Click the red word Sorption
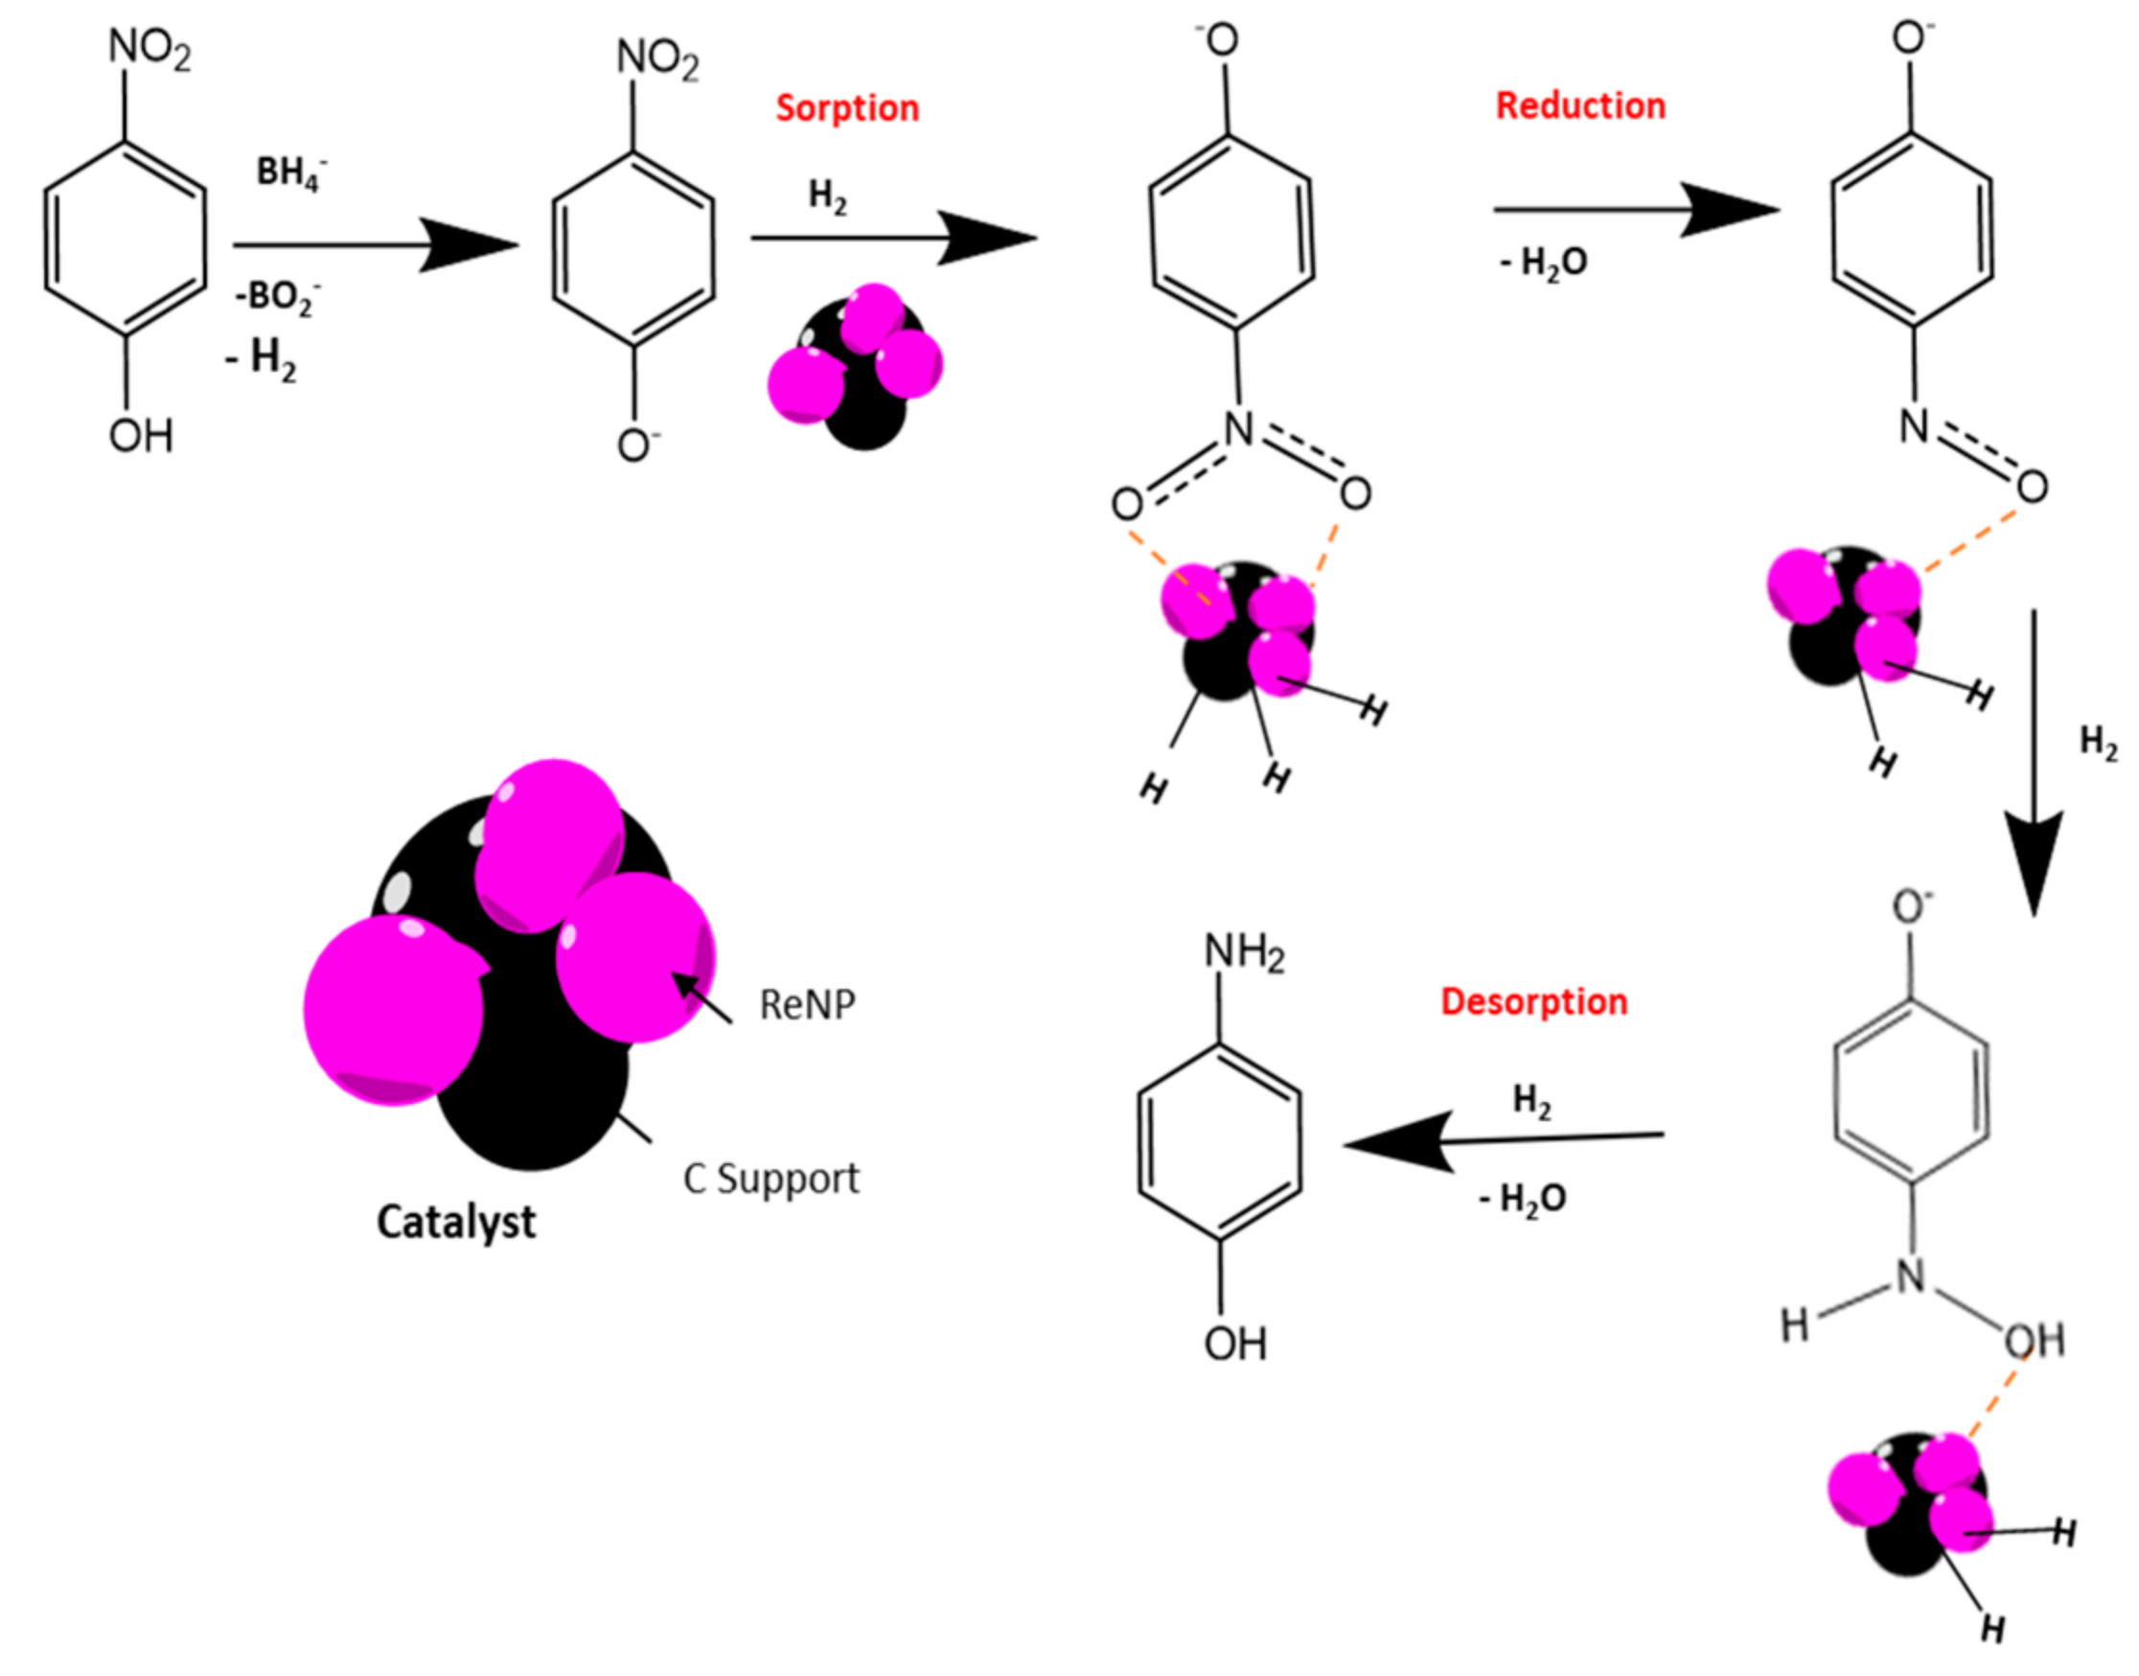tap(847, 108)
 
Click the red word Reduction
tap(1579, 106)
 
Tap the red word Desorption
tap(1533, 1002)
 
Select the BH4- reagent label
tap(289, 172)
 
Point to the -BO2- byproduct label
tap(278, 295)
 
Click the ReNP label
tap(807, 1005)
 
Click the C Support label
tap(771, 1179)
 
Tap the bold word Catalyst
tap(456, 1223)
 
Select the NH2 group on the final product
tap(1243, 952)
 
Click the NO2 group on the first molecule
tap(149, 49)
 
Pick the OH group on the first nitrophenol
tap(141, 436)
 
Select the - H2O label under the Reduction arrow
tap(1544, 263)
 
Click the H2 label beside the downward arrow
tap(2098, 743)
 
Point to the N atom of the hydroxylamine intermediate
tap(1909, 1276)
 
